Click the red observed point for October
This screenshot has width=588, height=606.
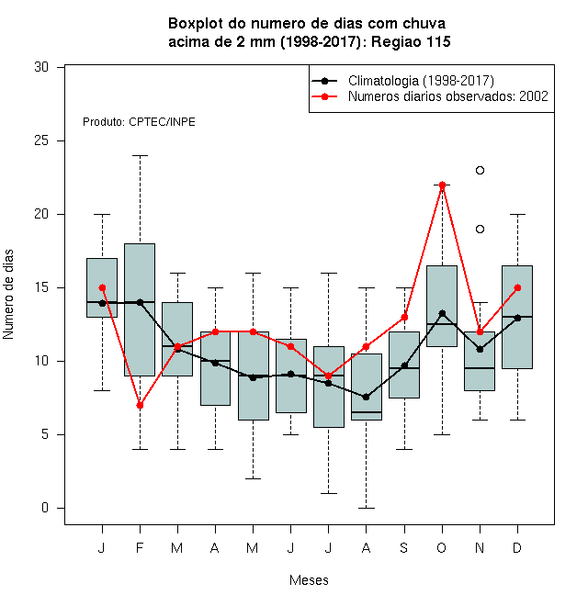(442, 185)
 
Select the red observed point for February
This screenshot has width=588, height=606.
(140, 406)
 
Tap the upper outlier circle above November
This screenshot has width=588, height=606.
(480, 170)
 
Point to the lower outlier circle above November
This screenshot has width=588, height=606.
(480, 230)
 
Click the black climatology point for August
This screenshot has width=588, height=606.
(366, 397)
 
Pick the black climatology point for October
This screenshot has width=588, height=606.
(442, 313)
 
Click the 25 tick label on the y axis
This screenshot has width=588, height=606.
(41, 140)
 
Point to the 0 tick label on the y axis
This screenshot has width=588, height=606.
(45, 508)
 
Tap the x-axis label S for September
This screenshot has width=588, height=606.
(404, 547)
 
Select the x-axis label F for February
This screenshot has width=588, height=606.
(140, 547)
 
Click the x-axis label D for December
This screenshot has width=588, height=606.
(517, 547)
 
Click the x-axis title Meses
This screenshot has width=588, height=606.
(309, 580)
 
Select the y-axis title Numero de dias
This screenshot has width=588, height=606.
(8, 295)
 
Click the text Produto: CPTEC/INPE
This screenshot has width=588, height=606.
(139, 122)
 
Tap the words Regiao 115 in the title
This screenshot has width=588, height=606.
(411, 41)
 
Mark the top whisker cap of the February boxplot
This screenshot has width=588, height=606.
(140, 156)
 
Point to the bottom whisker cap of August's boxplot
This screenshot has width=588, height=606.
(366, 508)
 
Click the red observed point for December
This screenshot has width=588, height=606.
(517, 288)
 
